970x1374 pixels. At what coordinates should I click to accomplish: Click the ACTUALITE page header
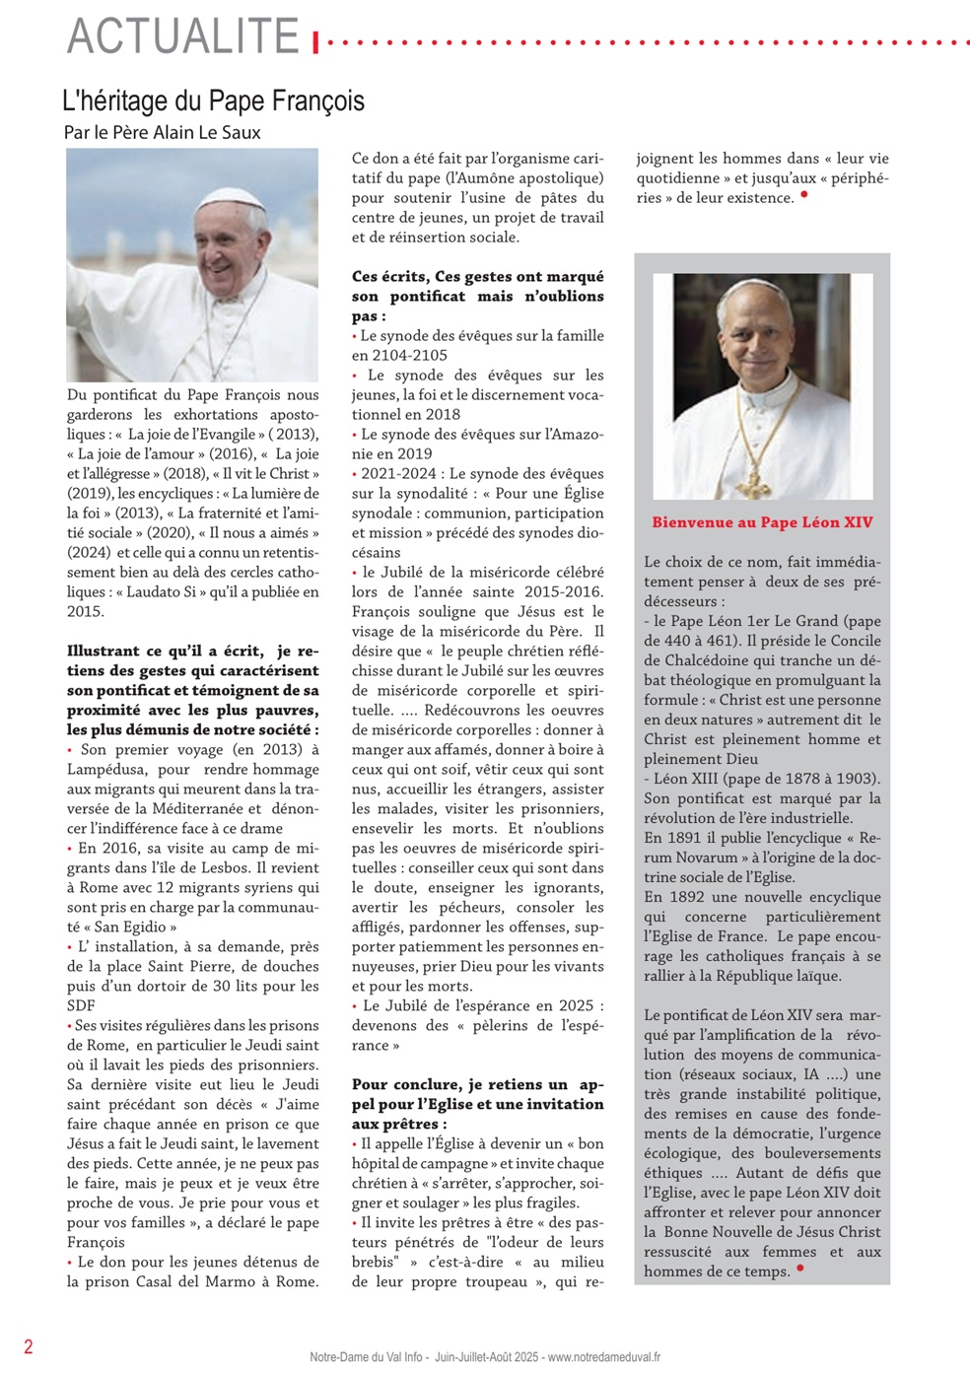[183, 37]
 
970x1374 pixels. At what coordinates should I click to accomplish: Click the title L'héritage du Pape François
[213, 101]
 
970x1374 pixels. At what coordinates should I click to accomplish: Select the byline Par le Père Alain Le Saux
[163, 132]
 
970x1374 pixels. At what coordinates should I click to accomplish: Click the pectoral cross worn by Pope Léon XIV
[753, 484]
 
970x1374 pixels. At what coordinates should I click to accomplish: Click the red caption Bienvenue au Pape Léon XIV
[762, 522]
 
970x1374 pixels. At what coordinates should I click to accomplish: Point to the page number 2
[29, 1346]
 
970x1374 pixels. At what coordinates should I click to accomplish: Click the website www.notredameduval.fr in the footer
[603, 1357]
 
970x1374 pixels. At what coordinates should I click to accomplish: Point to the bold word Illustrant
[104, 651]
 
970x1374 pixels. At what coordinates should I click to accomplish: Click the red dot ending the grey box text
[799, 1269]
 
